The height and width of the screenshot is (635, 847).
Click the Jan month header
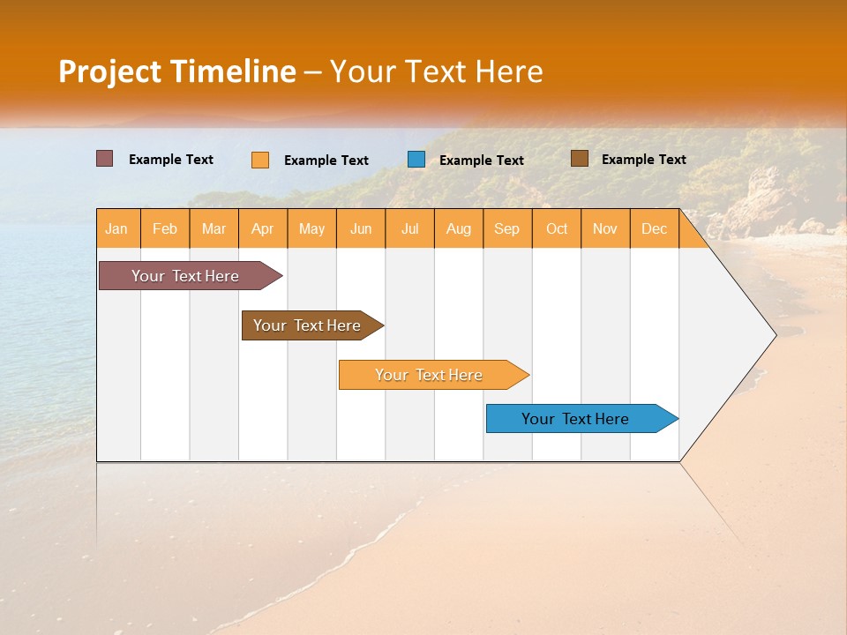coord(117,228)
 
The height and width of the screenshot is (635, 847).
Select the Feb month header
coord(165,228)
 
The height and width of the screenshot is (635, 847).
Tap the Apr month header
coord(263,228)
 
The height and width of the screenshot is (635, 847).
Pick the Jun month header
coord(361,228)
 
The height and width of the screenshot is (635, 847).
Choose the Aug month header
coord(459,228)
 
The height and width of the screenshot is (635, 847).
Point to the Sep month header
coord(507,228)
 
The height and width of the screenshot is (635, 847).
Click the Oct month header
coord(557,228)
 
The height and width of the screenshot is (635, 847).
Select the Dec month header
coord(655,228)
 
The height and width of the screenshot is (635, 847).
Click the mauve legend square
coord(104,159)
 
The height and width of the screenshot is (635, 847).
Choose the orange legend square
coord(260,160)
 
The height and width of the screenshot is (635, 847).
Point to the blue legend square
coord(416,160)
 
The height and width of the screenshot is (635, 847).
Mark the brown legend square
coord(580,159)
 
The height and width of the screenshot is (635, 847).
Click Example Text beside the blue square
coord(481,161)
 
